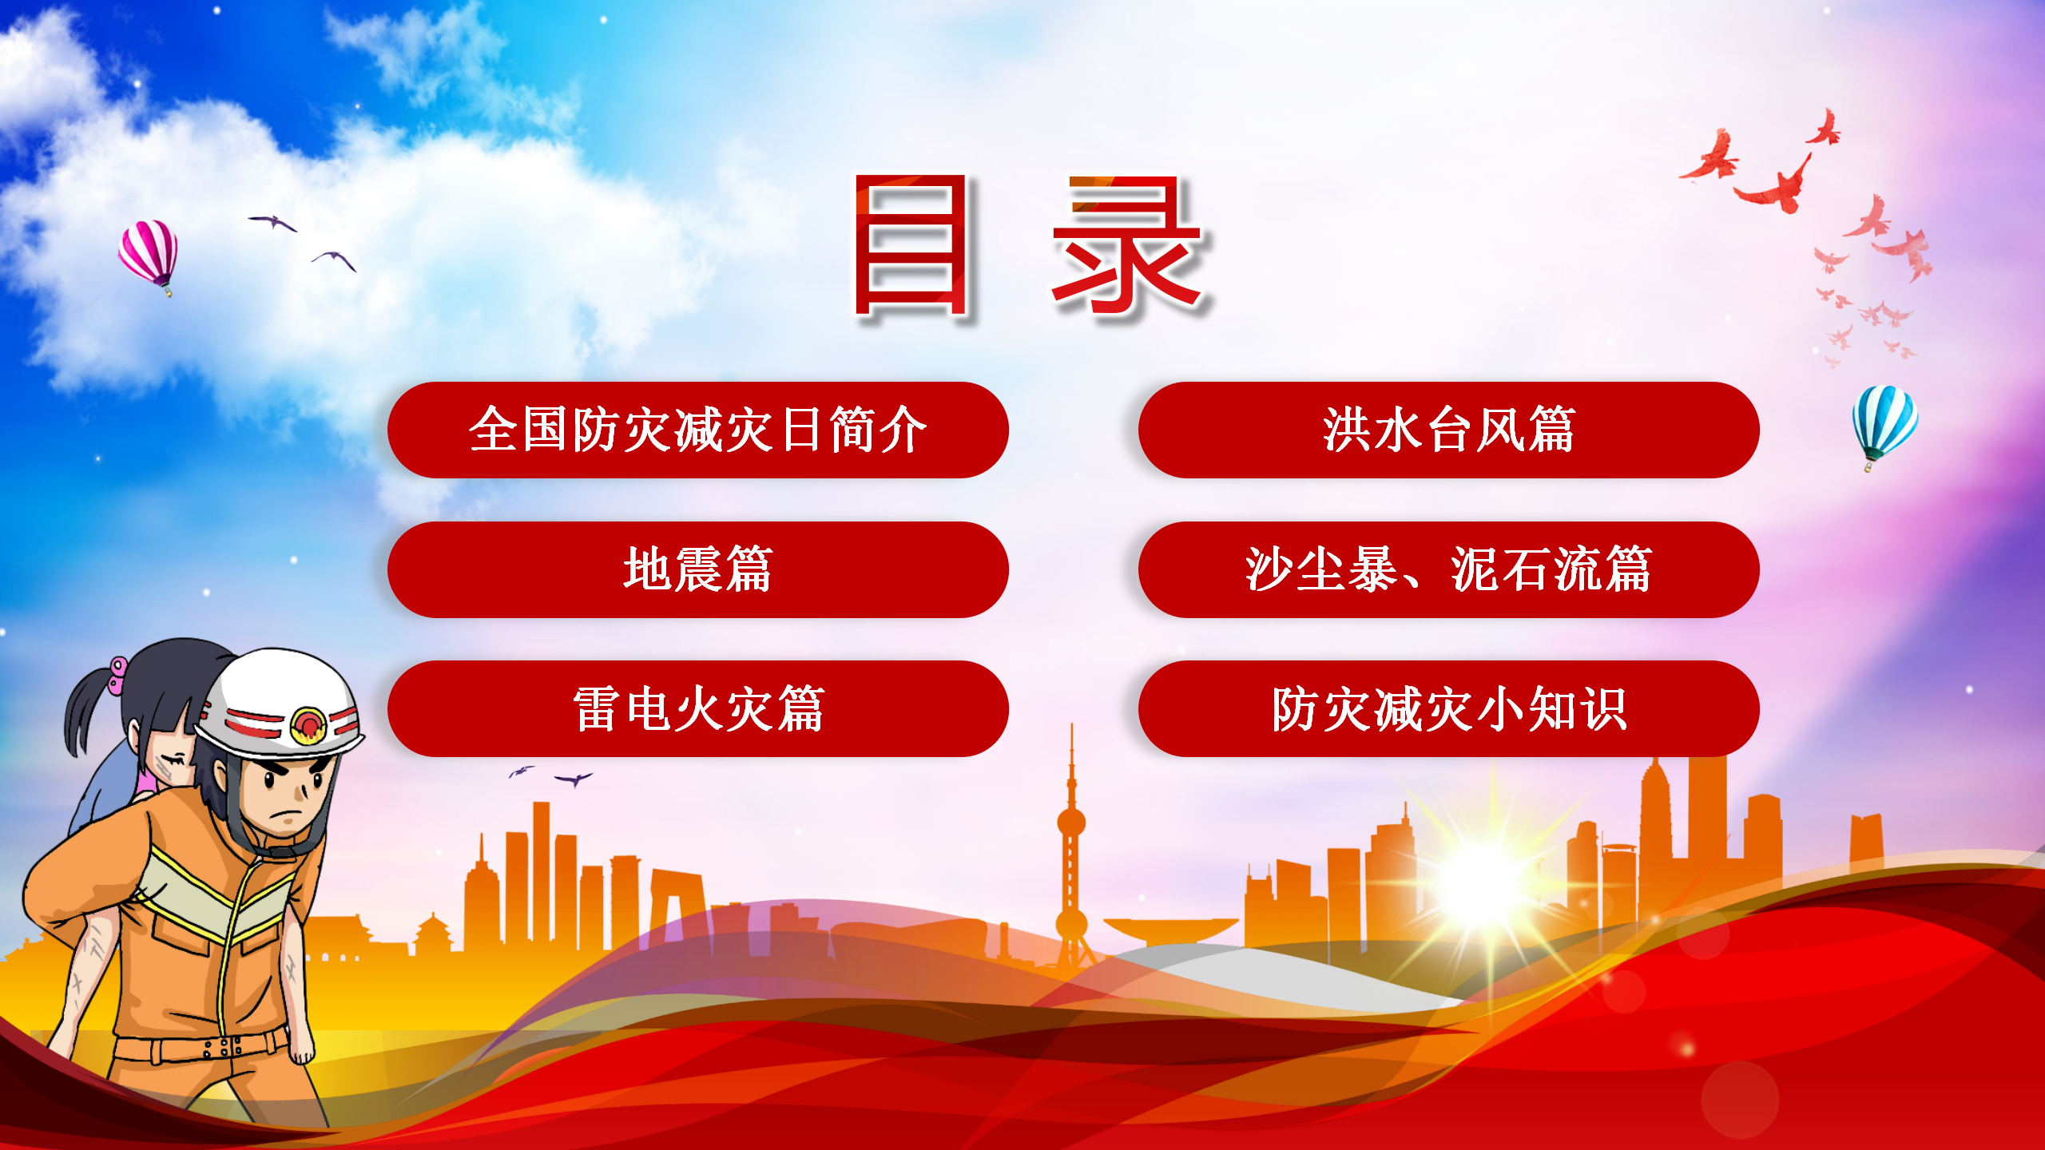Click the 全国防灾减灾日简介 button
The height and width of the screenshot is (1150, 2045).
pyautogui.click(x=697, y=430)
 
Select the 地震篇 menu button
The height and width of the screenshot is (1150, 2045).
pyautogui.click(x=697, y=569)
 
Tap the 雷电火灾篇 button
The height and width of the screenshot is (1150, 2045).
pyautogui.click(x=697, y=708)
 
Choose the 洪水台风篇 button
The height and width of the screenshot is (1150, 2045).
pyautogui.click(x=1448, y=430)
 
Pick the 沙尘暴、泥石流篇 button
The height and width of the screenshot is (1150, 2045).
pyautogui.click(x=1448, y=569)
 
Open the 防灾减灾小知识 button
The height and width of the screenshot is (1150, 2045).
pyautogui.click(x=1448, y=708)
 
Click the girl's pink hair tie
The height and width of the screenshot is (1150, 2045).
pyautogui.click(x=118, y=675)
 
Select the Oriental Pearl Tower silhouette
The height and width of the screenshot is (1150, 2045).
pyautogui.click(x=1071, y=847)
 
